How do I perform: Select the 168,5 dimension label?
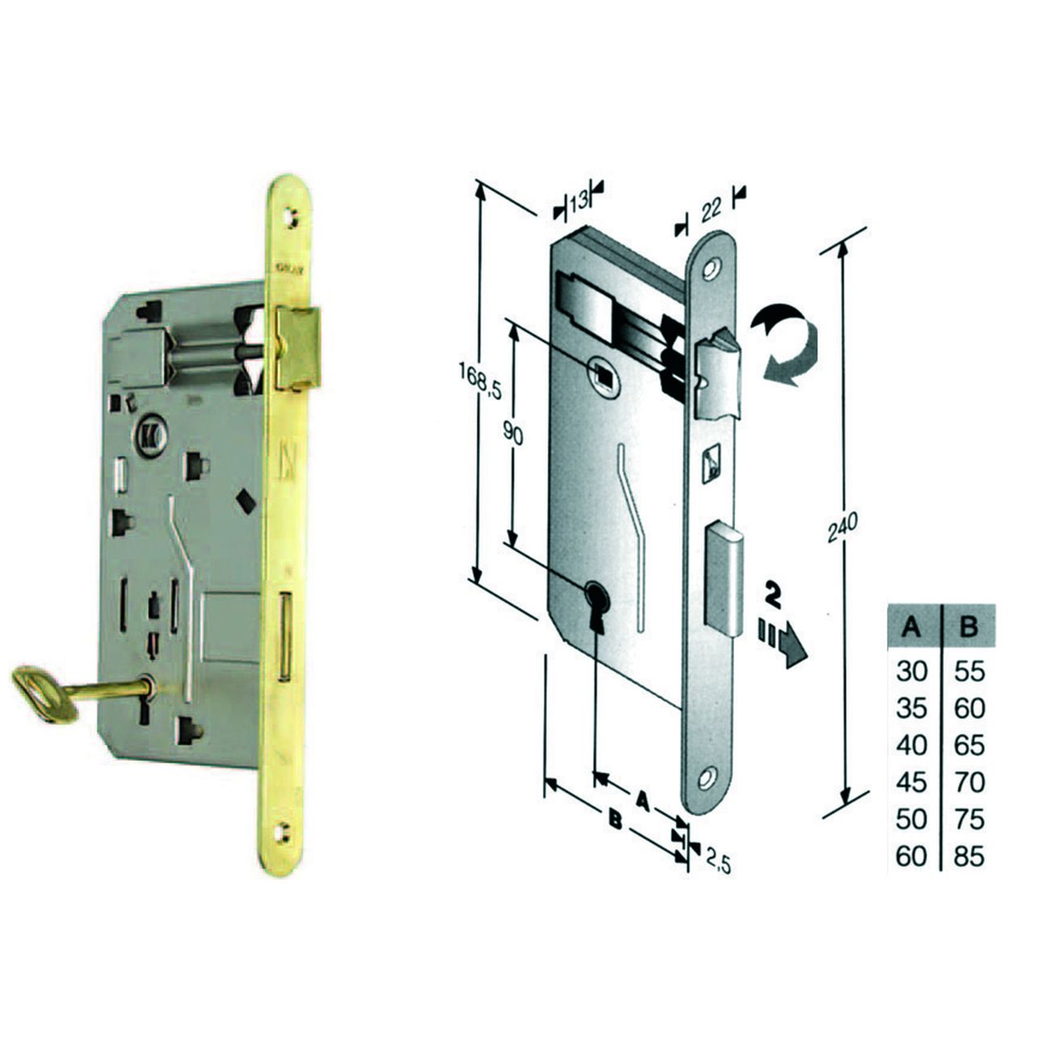[x=479, y=382]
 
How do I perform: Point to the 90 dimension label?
[x=513, y=433]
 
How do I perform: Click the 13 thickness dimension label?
[x=578, y=201]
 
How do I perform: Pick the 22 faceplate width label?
[x=711, y=208]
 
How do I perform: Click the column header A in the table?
[x=911, y=628]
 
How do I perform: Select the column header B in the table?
[x=968, y=628]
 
